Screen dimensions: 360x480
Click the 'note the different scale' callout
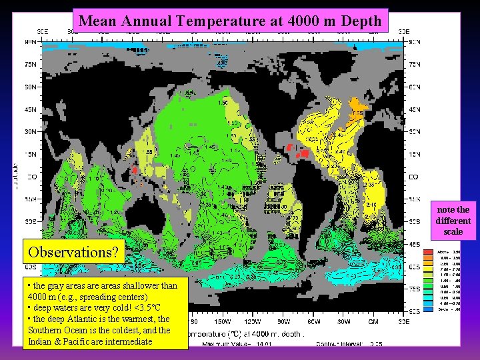[x=453, y=220]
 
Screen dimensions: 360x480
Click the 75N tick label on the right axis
[x=413, y=65]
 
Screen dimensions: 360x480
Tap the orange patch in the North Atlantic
[x=360, y=105]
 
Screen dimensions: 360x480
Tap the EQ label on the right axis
[x=413, y=177]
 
